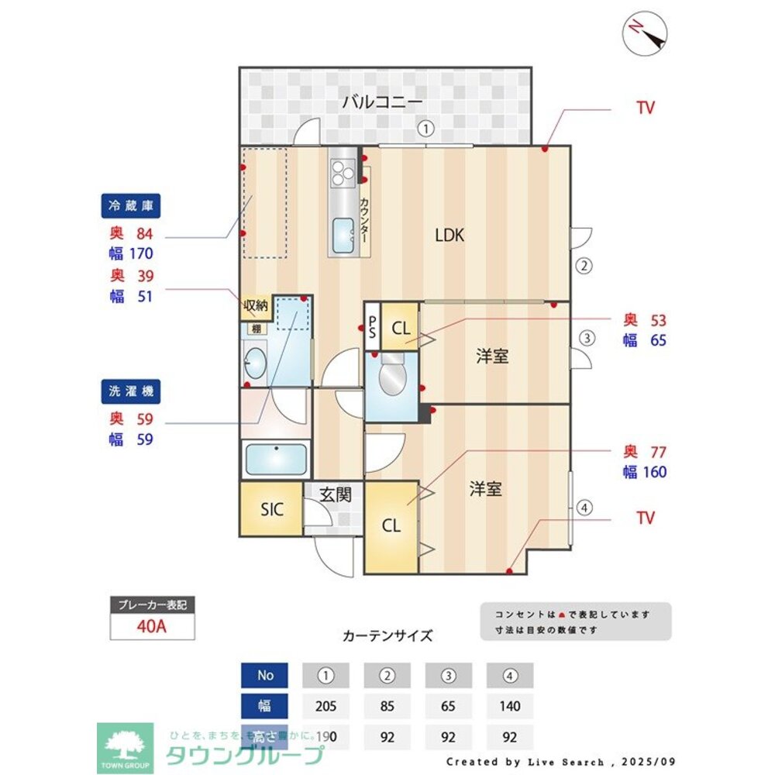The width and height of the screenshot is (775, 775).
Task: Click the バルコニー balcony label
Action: (x=382, y=102)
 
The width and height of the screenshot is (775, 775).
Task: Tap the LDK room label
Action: (x=449, y=236)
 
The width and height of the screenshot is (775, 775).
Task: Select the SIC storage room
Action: (x=271, y=509)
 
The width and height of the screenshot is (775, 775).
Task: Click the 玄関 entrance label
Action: (x=336, y=494)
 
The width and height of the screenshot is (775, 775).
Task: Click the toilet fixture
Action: (x=392, y=378)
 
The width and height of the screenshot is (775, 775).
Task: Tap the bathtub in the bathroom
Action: (x=276, y=460)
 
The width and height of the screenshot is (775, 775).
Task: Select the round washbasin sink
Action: (x=254, y=362)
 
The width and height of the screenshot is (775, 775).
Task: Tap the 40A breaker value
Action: (x=152, y=626)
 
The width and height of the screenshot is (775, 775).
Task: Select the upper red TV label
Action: (x=646, y=108)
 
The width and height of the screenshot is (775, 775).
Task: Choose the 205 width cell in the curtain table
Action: (x=326, y=706)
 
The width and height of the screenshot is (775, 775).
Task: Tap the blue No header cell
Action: (x=265, y=675)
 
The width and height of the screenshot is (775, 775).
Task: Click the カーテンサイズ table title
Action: (x=387, y=635)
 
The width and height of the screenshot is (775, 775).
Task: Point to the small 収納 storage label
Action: (x=256, y=305)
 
